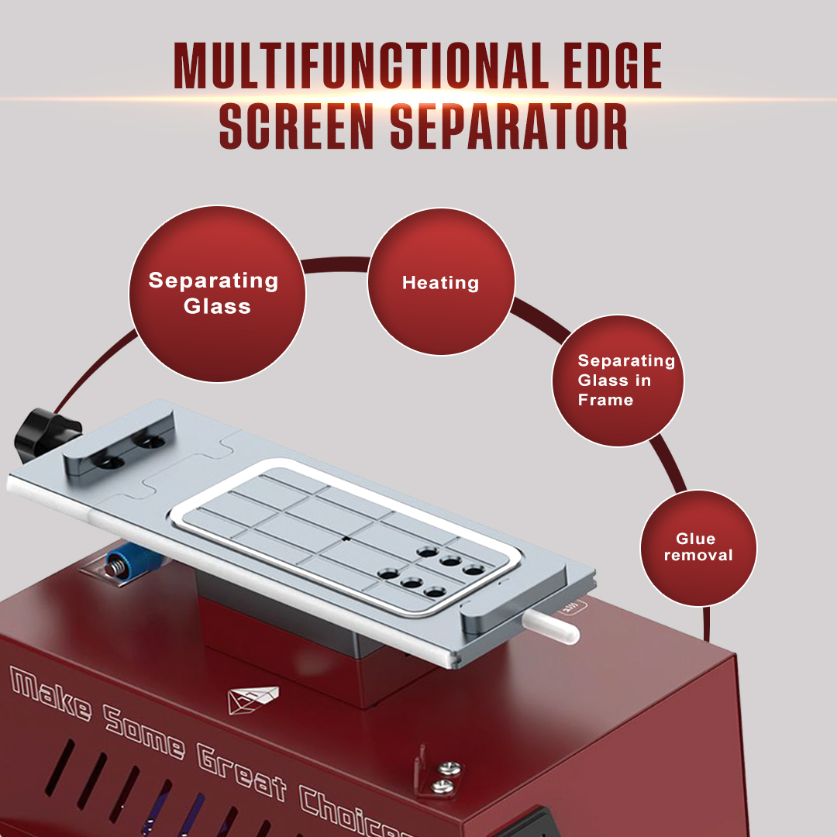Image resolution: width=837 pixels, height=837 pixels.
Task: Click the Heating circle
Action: [440, 283]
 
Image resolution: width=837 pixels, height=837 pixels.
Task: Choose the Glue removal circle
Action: [697, 547]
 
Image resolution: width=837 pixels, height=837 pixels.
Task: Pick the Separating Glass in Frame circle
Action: [618, 380]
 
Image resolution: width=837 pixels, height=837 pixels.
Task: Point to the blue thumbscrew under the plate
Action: [122, 563]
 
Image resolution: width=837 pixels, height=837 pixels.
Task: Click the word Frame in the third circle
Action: [605, 400]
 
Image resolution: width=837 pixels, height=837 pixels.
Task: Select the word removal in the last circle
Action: [697, 555]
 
